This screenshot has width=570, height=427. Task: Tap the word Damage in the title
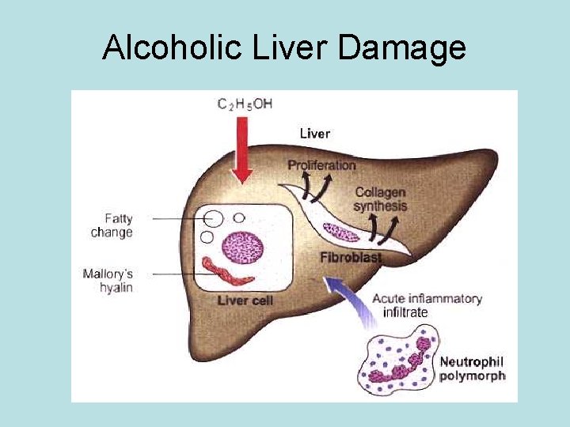[401, 48]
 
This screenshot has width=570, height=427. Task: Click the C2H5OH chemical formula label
[244, 104]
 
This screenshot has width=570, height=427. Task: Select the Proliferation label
[321, 165]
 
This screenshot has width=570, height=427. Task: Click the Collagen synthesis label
[381, 199]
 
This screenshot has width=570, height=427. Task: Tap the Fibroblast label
[351, 258]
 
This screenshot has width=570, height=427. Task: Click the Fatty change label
[112, 225]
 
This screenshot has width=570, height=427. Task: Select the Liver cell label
[245, 300]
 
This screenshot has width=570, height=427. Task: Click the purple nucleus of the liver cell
[242, 248]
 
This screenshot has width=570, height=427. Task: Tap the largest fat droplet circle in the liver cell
[213, 217]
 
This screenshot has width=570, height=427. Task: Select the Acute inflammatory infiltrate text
[426, 305]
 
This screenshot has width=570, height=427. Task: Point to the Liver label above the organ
[314, 134]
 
